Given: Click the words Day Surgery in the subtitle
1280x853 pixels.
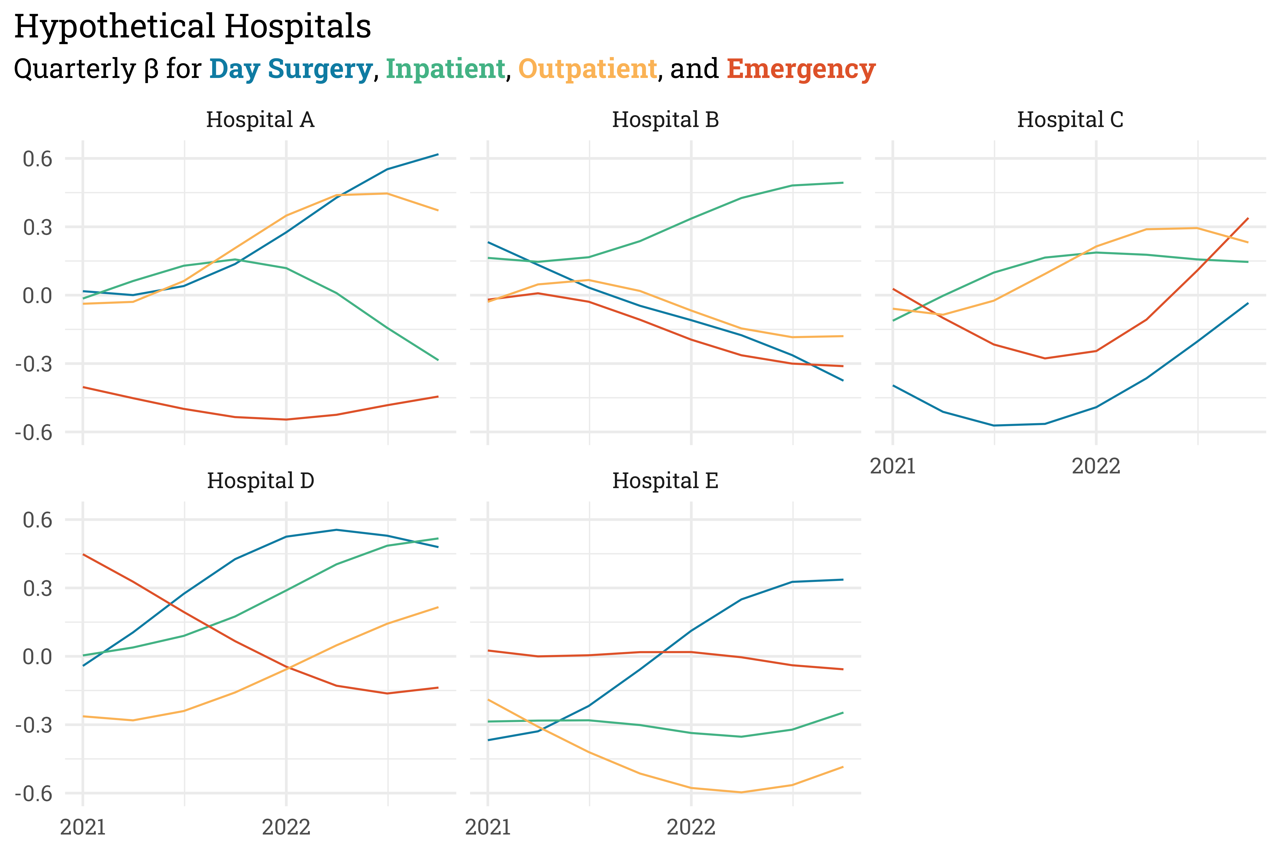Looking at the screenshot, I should (291, 69).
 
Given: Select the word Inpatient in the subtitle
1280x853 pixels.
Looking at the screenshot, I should (445, 69).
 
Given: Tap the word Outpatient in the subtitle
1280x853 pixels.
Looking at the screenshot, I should (588, 69).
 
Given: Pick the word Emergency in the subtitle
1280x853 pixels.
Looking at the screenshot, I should (801, 69).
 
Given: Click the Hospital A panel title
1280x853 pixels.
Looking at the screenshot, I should (260, 120).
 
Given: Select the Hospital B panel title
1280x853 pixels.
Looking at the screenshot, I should (665, 120).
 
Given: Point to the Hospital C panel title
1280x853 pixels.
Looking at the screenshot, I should (1070, 120).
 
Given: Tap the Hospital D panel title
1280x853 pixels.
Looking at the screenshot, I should (260, 481).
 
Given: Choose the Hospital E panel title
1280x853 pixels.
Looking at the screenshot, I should (665, 481).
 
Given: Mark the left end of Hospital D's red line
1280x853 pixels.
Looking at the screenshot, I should (83, 554).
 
